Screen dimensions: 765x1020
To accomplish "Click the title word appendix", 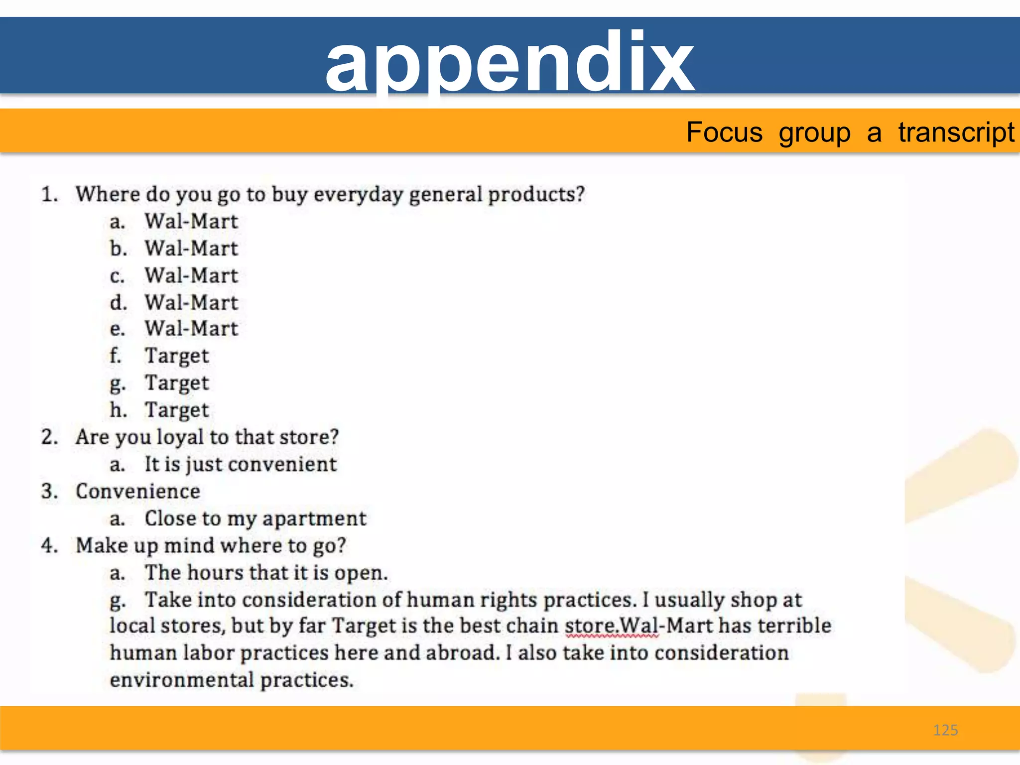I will pyautogui.click(x=509, y=62).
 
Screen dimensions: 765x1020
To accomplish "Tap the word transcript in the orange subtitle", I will pyautogui.click(x=956, y=132).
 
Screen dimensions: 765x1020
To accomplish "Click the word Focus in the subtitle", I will pyautogui.click(x=724, y=132).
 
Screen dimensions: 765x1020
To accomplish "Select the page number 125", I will pyautogui.click(x=945, y=730).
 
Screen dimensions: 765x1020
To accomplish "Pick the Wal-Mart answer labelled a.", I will pyautogui.click(x=191, y=222).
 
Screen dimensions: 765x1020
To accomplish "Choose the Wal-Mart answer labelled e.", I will pyautogui.click(x=191, y=329).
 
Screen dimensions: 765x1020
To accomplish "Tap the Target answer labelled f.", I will pyautogui.click(x=177, y=356).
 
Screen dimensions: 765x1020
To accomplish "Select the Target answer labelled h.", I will pyautogui.click(x=177, y=410).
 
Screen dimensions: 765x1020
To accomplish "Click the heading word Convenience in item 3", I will pyautogui.click(x=138, y=492).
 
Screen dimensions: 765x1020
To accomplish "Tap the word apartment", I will pyautogui.click(x=314, y=519).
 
